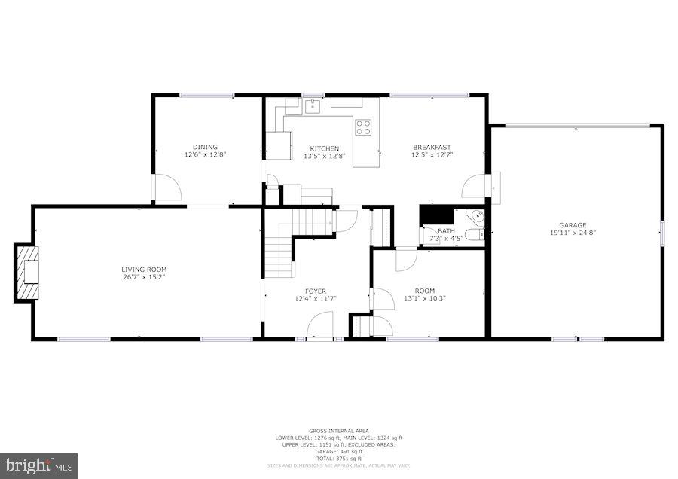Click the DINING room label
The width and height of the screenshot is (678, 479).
[205, 147]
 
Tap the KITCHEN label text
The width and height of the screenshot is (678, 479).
[325, 148]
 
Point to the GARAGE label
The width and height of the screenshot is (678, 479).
[573, 225]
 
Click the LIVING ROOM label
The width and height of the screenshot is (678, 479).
[144, 269]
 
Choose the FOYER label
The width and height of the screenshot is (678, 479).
[316, 291]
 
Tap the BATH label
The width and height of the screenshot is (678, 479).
[447, 231]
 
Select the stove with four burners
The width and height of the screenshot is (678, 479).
[364, 127]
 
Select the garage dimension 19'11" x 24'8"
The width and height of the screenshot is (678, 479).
[573, 233]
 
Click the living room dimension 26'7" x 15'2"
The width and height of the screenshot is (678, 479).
[144, 277]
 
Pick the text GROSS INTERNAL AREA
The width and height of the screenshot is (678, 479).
[338, 431]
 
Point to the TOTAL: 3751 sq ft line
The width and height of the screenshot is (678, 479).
[338, 458]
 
